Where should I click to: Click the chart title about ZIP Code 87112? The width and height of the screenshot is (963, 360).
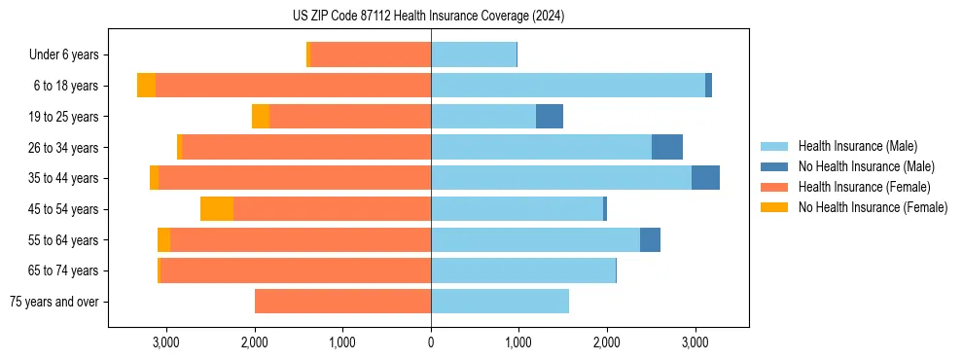(x=428, y=17)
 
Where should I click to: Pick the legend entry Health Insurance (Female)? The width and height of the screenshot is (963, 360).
(x=857, y=187)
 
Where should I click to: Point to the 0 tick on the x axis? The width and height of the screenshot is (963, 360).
(x=431, y=342)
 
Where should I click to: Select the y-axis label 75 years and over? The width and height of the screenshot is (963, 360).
(x=53, y=302)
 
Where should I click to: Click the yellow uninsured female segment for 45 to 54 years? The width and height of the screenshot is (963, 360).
(x=217, y=209)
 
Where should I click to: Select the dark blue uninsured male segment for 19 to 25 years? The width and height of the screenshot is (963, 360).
(x=550, y=117)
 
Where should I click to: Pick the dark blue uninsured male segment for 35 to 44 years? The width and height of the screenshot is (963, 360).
(x=705, y=178)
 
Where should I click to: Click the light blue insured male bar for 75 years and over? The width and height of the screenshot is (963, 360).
(x=500, y=302)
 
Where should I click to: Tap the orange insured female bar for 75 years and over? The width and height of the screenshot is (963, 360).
(x=342, y=302)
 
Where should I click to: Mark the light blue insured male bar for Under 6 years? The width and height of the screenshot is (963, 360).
(x=474, y=55)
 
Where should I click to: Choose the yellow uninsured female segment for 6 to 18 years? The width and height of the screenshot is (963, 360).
(x=146, y=86)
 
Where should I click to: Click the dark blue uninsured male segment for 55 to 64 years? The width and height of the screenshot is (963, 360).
(x=650, y=240)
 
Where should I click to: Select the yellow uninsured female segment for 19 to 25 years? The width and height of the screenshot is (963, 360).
(x=261, y=117)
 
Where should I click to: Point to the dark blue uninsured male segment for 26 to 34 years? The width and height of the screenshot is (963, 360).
(x=667, y=148)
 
